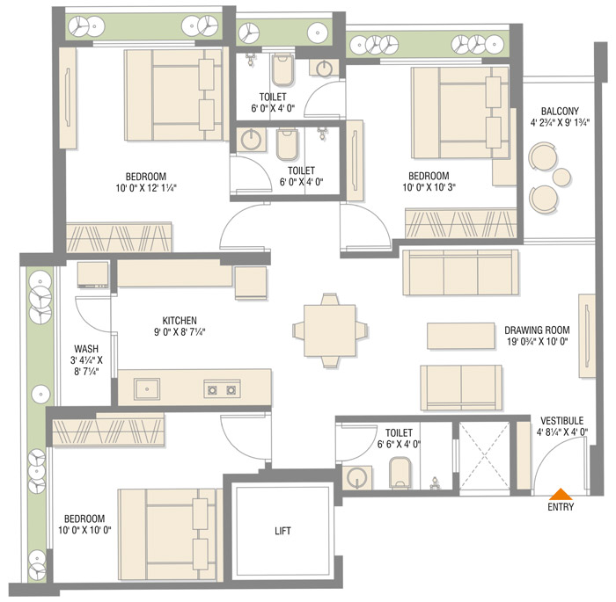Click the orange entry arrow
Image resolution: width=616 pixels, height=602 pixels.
click(561, 494)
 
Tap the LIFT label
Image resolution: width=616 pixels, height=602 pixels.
click(282, 531)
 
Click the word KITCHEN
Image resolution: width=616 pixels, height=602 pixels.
click(180, 320)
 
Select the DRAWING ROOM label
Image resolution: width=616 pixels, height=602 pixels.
click(537, 330)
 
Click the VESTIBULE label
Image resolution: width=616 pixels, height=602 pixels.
click(561, 421)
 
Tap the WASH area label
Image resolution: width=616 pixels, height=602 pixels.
click(86, 349)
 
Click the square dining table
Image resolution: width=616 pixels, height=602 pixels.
click(330, 330)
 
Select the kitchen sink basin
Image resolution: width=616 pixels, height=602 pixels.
click(147, 389)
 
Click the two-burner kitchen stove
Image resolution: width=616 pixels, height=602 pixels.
click(222, 389)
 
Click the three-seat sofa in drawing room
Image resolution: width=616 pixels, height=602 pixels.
click(460, 272)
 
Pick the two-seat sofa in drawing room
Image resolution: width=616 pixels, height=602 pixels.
click(461, 388)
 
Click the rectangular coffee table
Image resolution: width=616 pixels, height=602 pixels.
click(461, 336)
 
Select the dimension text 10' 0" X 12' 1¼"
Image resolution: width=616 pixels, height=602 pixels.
click(146, 188)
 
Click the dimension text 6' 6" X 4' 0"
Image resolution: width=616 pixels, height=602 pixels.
click(399, 444)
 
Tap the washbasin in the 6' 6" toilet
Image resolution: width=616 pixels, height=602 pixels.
click(357, 478)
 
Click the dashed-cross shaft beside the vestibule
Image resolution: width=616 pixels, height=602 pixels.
click(484, 456)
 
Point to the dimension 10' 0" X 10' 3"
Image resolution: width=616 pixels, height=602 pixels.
click(429, 187)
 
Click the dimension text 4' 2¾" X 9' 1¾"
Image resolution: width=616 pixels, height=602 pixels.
click(560, 123)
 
